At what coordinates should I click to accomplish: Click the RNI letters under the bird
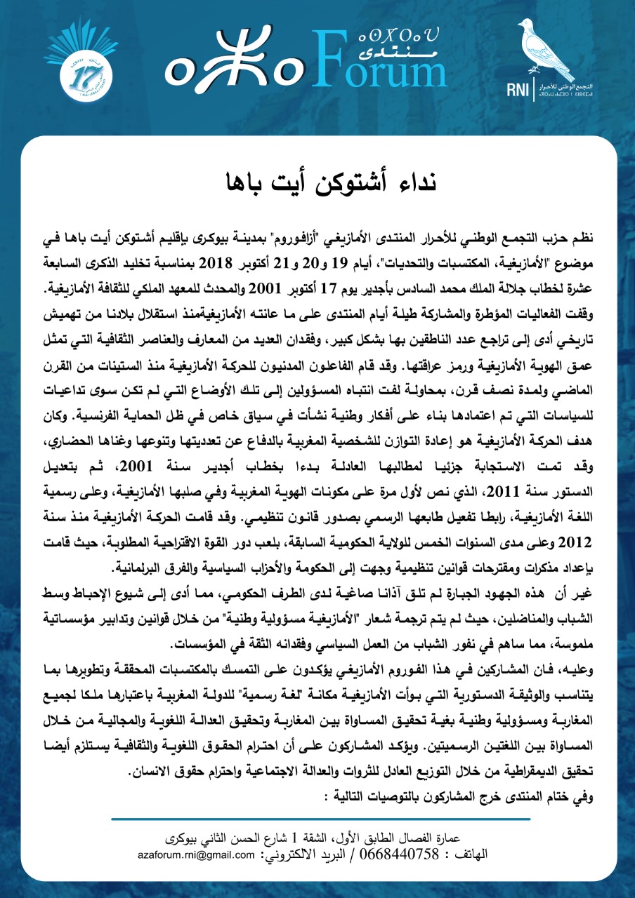pos(538,90)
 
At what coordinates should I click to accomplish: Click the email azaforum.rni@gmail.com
pos(197,856)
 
